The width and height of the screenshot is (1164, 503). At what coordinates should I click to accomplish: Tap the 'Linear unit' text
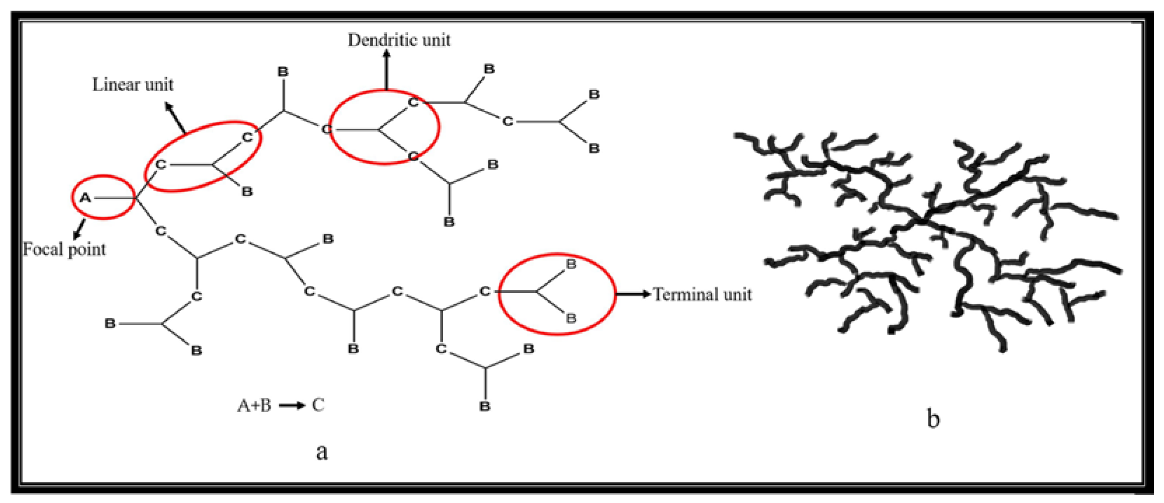[x=133, y=85]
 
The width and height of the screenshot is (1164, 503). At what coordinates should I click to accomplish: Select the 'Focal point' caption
[x=64, y=249]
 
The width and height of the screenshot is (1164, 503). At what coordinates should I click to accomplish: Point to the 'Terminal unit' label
[x=703, y=295]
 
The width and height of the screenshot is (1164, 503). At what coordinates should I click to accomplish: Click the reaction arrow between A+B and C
[x=292, y=406]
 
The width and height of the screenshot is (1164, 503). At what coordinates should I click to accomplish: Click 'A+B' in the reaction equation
[x=254, y=406]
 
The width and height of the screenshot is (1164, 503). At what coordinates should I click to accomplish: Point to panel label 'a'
[x=322, y=451]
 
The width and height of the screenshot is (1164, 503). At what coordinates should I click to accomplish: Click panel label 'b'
[x=933, y=418]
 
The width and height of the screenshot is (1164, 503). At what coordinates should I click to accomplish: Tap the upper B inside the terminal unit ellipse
[x=571, y=264]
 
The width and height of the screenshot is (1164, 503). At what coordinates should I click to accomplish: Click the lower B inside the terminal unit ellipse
[x=571, y=319]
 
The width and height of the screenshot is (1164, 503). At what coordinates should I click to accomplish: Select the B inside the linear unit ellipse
[x=247, y=192]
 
